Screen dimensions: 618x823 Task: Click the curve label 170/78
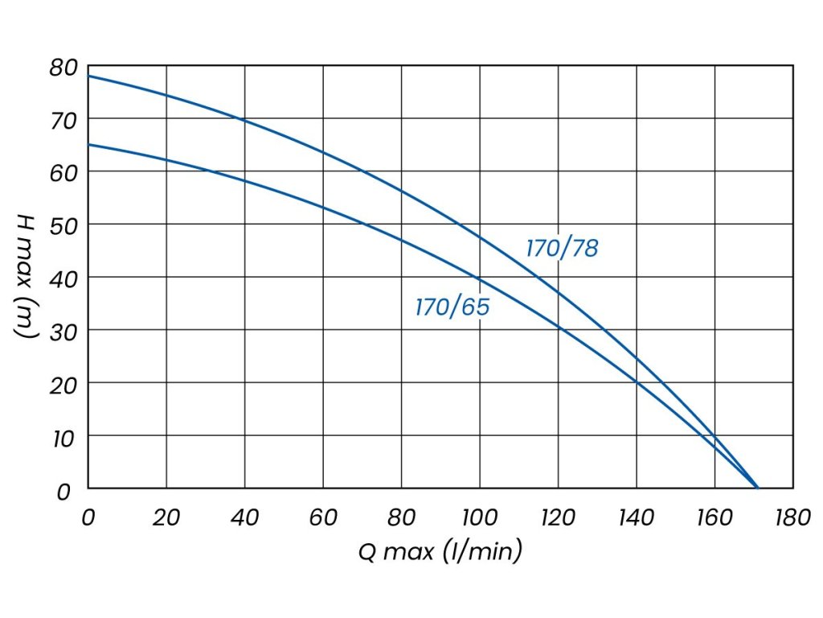point(562,249)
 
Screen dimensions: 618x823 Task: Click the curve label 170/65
point(452,307)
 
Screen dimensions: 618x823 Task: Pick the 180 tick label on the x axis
point(792,517)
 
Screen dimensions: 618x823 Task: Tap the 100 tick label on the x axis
point(479,517)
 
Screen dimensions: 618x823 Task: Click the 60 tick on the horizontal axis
point(323,517)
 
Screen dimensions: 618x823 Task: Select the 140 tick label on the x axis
point(636,517)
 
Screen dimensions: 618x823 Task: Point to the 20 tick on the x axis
point(166,517)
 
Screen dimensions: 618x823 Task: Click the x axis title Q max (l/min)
point(440,552)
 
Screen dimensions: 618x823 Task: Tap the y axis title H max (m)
point(26,278)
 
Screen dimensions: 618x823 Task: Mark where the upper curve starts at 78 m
point(88,76)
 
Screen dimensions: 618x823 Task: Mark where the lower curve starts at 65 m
point(88,145)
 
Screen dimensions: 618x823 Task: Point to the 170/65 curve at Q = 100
point(480,278)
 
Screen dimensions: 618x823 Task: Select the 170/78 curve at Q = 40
point(244,121)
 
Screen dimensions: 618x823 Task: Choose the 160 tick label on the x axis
point(714,517)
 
